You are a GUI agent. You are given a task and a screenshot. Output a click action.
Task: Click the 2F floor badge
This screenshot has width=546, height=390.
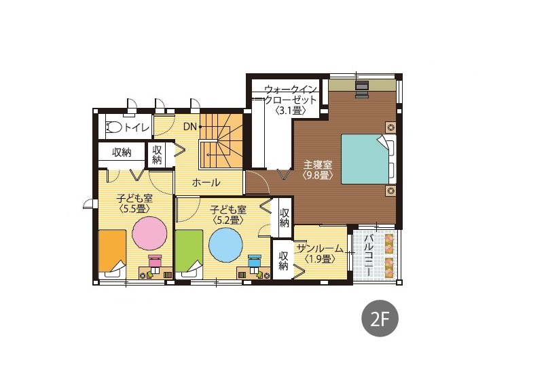pyautogui.click(x=380, y=318)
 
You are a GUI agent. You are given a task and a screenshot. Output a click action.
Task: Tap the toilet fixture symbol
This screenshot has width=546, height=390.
pyautogui.click(x=113, y=127)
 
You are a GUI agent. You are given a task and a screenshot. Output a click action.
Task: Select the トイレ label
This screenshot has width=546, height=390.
pyautogui.click(x=137, y=128)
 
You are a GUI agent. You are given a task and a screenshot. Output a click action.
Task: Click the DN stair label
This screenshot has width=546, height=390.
pyautogui.click(x=190, y=127)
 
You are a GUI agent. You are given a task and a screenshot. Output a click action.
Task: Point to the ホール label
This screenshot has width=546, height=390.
pyautogui.click(x=206, y=182)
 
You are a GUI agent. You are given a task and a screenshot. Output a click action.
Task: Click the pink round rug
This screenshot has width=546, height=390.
pyautogui.click(x=149, y=233)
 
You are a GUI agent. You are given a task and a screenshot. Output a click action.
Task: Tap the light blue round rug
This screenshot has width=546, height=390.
pyautogui.click(x=225, y=245)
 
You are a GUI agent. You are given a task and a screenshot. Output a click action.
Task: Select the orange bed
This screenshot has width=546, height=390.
pyautogui.click(x=112, y=251)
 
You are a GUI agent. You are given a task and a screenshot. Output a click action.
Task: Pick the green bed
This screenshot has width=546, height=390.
pyautogui.click(x=189, y=251)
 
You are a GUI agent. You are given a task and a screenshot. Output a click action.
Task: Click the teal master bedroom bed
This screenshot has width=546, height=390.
pyautogui.click(x=364, y=159)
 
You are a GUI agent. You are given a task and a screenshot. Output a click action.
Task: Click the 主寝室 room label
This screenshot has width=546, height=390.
pyautogui.click(x=318, y=164)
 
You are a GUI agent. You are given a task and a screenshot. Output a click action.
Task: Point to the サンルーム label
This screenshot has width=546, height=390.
pyautogui.click(x=320, y=248)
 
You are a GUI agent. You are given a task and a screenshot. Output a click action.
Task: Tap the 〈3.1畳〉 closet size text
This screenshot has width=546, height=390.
pyautogui.click(x=291, y=111)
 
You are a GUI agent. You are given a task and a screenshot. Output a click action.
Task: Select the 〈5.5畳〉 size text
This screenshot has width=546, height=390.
pyautogui.click(x=134, y=209)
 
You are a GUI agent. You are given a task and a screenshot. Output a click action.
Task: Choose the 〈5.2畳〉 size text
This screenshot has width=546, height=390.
pyautogui.click(x=228, y=220)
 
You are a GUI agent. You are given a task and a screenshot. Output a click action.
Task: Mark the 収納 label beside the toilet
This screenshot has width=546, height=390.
pyautogui.click(x=122, y=153)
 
